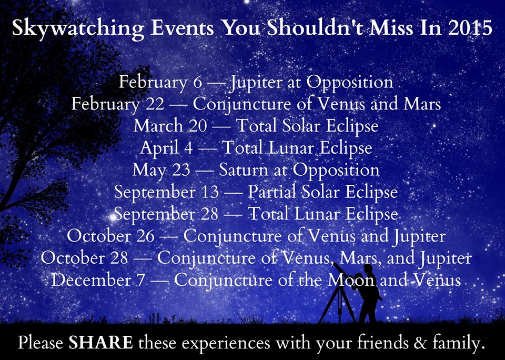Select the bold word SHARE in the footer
(100, 343)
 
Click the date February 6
(160, 83)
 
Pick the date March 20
(170, 126)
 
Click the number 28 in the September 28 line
(209, 214)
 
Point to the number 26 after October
(146, 236)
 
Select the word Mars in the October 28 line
(358, 258)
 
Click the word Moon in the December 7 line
(351, 281)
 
